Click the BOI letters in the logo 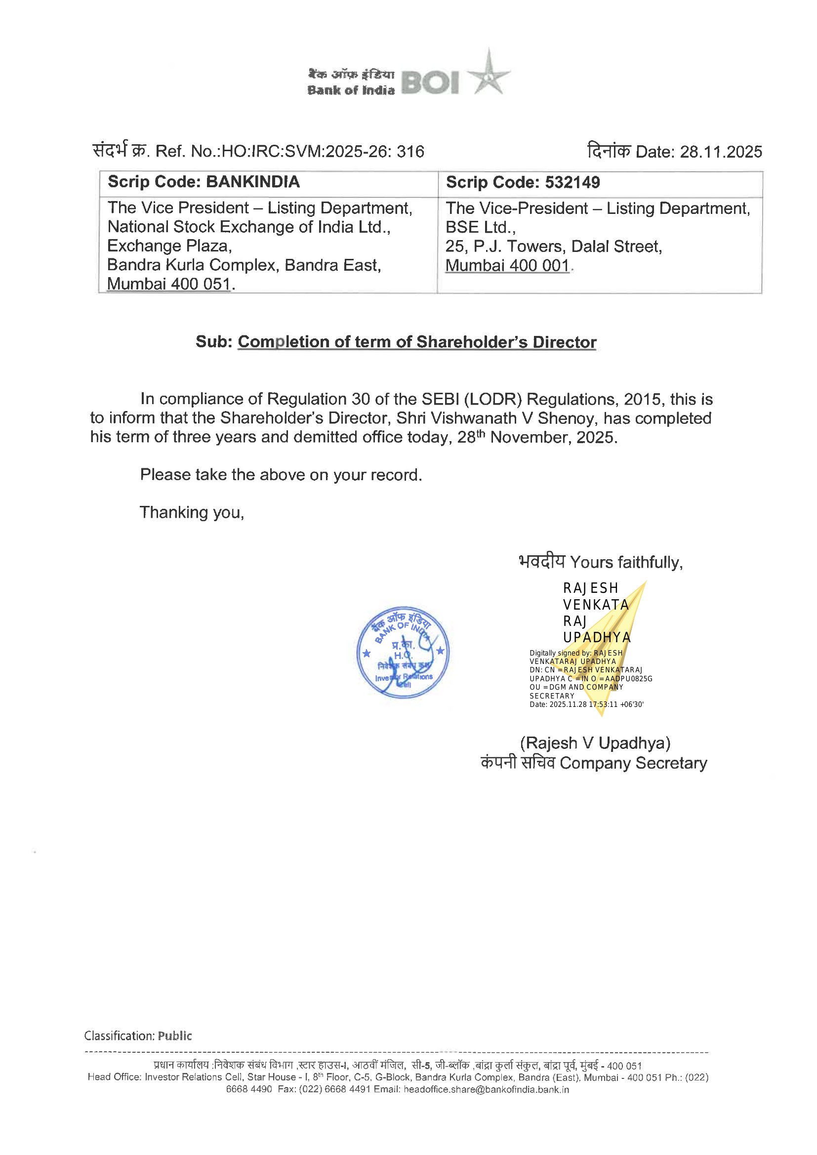430,82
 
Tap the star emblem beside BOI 488,75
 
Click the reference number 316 410,152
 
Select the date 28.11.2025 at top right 720,152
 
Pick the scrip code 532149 572,182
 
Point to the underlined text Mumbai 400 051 169,284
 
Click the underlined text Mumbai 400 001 507,266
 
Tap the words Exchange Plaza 169,246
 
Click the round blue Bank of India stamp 403,652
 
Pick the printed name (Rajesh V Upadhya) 595,743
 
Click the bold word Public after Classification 174,1036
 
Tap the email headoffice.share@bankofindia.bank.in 486,1090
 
